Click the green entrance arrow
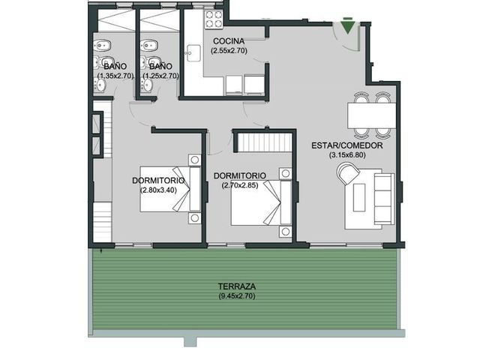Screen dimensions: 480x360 click(347, 27)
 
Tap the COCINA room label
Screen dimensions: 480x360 click(229, 41)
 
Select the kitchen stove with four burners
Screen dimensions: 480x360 click(214, 19)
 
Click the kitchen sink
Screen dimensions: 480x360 click(193, 53)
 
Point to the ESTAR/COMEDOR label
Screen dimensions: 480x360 click(347, 145)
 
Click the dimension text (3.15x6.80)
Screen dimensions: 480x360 click(347, 155)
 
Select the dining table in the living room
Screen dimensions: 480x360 click(372, 115)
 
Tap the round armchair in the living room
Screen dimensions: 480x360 click(347, 173)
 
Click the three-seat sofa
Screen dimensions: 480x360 click(384, 199)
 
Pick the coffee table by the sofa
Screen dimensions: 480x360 click(359, 197)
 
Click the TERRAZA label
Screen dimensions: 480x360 click(237, 286)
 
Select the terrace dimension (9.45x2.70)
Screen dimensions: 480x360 click(237, 296)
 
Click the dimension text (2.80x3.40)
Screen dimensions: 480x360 click(158, 190)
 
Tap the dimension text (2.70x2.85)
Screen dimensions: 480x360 click(240, 185)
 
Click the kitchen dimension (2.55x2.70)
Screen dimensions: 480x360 click(229, 51)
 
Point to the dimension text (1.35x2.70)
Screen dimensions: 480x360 click(115, 76)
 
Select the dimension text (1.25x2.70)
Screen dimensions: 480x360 click(161, 76)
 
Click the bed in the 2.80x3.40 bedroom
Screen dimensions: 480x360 click(170, 189)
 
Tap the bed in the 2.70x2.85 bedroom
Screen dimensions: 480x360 click(261, 203)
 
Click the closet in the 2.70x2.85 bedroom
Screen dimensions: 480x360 click(265, 142)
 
